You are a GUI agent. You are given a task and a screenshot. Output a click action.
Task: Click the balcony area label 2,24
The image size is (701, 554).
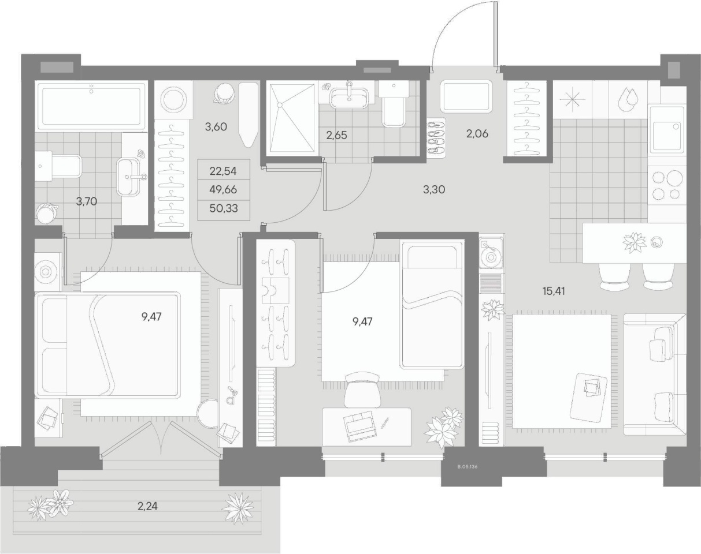(x=147, y=506)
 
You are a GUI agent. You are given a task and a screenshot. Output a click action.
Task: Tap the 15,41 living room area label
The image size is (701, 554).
(x=554, y=291)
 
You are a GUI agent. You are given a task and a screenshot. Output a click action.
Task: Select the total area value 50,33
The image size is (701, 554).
(x=224, y=208)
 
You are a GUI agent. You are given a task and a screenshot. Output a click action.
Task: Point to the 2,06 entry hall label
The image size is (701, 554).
(x=477, y=133)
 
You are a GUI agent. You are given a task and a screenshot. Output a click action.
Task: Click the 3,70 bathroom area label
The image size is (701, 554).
(x=87, y=202)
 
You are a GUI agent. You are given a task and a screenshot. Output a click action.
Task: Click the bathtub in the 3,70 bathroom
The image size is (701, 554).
(x=91, y=106)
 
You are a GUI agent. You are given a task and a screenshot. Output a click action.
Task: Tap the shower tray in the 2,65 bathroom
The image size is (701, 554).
(x=290, y=119)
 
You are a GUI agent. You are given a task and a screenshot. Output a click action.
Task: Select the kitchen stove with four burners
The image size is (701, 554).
(x=667, y=188)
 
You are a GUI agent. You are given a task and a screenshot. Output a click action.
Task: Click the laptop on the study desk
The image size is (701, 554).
(x=360, y=426)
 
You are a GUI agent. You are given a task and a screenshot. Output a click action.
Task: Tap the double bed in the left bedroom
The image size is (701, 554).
(x=107, y=345)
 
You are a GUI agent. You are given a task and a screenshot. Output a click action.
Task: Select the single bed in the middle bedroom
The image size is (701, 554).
(x=432, y=305)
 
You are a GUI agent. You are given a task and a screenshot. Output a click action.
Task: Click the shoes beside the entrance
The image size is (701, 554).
(x=436, y=137)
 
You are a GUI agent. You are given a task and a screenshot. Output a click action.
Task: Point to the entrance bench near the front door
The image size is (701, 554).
(x=466, y=96)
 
